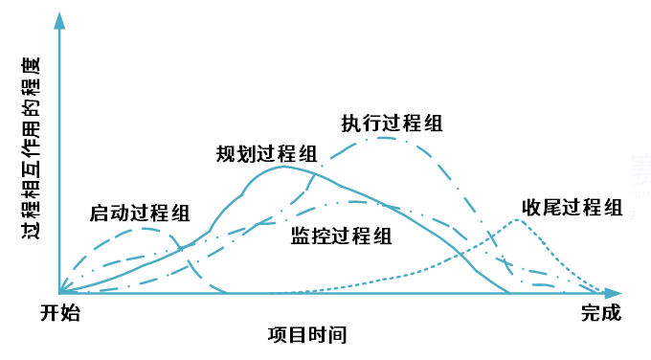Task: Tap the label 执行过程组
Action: tap(392, 123)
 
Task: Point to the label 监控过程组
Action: tap(340, 236)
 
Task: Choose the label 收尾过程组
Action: tap(572, 208)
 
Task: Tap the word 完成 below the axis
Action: tap(600, 312)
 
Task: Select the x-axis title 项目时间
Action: tap(306, 335)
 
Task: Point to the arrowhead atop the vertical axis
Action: tap(59, 19)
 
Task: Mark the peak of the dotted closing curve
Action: tap(517, 220)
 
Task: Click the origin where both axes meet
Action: tap(59, 292)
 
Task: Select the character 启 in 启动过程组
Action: tap(99, 212)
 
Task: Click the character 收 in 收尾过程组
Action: tap(531, 208)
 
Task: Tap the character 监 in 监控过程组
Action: tap(300, 236)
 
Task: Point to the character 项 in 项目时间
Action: tap(278, 335)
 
